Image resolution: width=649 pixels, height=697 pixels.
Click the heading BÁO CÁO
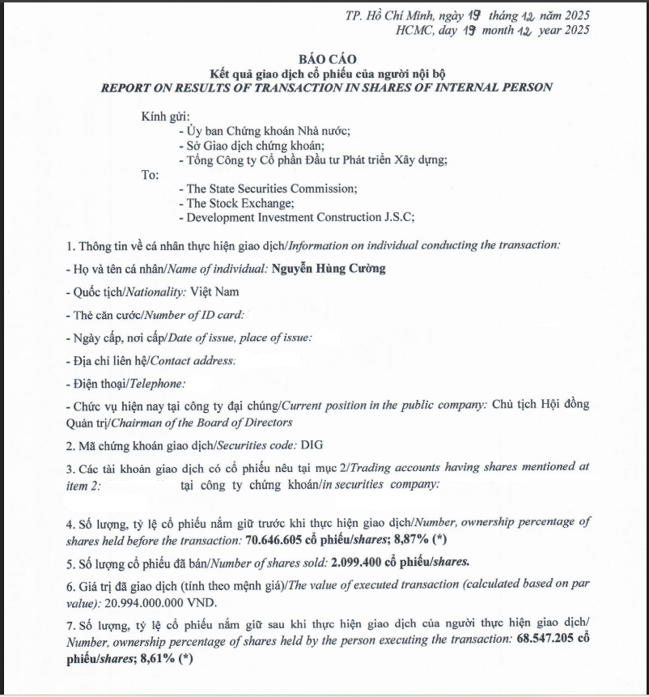tap(325, 59)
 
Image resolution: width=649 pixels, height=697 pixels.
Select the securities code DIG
tap(311, 444)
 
